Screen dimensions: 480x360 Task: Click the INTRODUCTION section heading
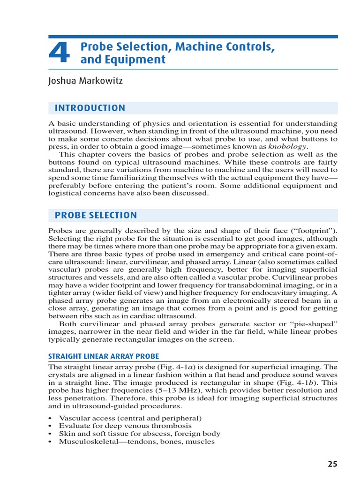point(90,108)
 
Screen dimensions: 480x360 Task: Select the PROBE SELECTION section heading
point(96,216)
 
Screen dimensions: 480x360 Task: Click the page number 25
point(332,464)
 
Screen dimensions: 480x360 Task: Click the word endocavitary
point(277,293)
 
